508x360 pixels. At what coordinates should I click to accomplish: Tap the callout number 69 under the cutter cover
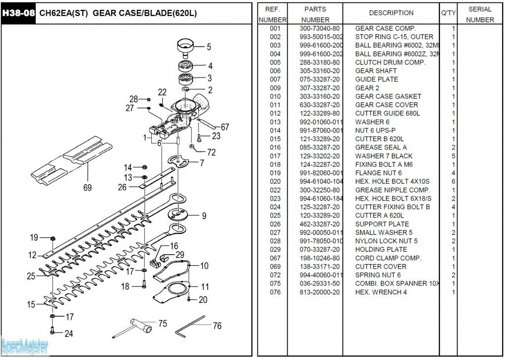(x=87, y=188)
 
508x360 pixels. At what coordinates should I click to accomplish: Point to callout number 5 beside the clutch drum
(x=209, y=47)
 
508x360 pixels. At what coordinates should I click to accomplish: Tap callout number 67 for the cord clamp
(x=225, y=127)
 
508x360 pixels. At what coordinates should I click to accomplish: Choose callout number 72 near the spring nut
(x=211, y=152)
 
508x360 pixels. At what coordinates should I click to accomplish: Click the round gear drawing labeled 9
(x=178, y=214)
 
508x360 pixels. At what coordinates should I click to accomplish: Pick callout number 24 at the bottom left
(x=68, y=334)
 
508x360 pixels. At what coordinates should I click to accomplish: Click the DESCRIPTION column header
(x=391, y=13)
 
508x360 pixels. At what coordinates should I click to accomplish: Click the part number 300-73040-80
(x=320, y=28)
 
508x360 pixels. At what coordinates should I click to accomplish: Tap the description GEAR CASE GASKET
(x=388, y=96)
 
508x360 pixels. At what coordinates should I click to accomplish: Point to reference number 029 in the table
(x=275, y=249)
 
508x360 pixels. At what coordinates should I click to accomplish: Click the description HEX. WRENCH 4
(x=381, y=292)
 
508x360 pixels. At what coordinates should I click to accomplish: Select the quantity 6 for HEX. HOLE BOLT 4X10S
(x=453, y=181)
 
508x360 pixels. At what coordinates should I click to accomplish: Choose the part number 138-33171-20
(x=320, y=267)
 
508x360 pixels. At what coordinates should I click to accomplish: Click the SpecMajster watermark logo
(x=24, y=346)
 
